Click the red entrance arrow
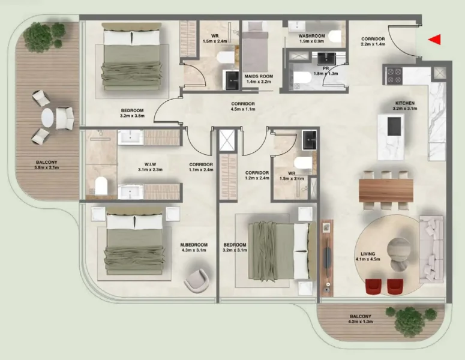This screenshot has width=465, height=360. click(x=436, y=40)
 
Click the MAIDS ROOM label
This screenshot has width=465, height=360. click(x=259, y=76)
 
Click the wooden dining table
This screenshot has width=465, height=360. click(x=386, y=190)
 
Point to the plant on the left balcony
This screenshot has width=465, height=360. click(x=39, y=36)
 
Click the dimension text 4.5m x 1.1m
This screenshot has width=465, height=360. click(x=243, y=110)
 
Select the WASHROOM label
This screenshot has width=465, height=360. click(x=312, y=35)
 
